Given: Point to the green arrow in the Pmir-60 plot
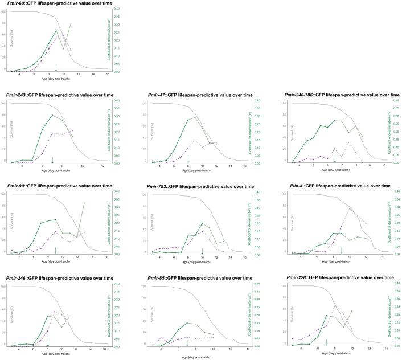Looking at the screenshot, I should [x=56, y=68].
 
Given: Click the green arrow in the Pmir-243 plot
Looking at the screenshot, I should [x=52, y=160].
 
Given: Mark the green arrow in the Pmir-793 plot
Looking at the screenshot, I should [x=202, y=251].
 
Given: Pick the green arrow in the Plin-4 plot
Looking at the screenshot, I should [x=342, y=251].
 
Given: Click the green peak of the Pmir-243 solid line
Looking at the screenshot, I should [x=52, y=115].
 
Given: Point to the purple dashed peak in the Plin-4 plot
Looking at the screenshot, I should [x=350, y=208].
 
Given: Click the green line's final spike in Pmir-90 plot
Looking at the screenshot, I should [x=84, y=203].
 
